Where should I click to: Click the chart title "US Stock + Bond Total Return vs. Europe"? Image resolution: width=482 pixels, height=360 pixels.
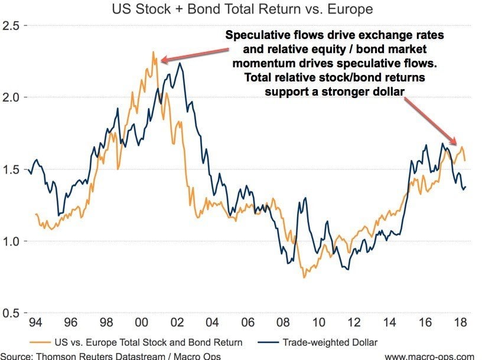point(241,9)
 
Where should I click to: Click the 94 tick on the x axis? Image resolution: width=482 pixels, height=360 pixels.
point(35,323)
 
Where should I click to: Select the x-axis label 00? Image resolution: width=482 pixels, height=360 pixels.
point(142,323)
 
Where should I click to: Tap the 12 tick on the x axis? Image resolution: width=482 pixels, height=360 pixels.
point(354,323)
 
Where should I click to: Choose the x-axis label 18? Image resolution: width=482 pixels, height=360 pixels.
point(460,323)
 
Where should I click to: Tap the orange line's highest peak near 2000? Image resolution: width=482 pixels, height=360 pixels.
point(152,52)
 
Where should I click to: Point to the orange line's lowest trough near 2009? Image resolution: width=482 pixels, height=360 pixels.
point(304,277)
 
